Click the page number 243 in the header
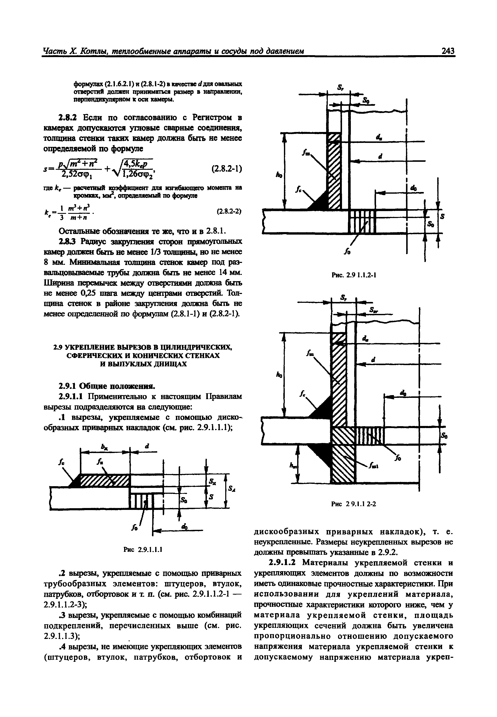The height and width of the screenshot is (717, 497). [448, 51]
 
